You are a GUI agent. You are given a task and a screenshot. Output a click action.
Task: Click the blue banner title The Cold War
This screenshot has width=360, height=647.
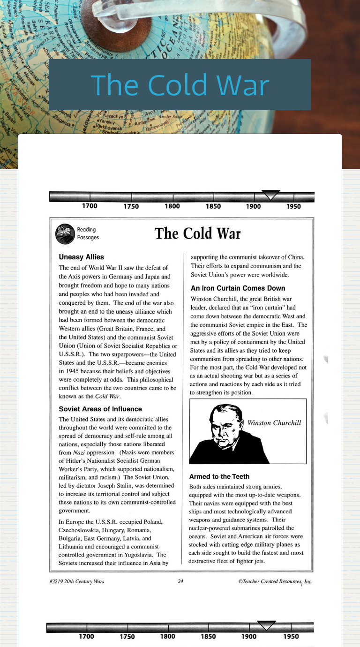[x=180, y=85]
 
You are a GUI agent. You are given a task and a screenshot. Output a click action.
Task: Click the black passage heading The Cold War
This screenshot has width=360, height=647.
[x=197, y=233]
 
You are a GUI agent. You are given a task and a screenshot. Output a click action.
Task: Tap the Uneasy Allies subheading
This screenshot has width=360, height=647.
[x=82, y=257]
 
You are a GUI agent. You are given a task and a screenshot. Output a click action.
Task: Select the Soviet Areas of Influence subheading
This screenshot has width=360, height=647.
[x=100, y=409]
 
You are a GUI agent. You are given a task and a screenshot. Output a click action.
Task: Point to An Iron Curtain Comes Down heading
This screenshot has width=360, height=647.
[x=238, y=288]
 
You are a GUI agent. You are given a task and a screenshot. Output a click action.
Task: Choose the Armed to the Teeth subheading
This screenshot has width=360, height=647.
[x=219, y=476]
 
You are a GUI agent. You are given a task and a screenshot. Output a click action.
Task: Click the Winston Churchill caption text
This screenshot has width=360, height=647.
[x=274, y=423]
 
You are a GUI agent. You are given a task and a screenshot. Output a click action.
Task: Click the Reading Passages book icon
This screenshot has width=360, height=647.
[x=65, y=234]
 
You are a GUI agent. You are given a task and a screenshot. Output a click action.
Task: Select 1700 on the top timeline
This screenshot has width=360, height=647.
[x=90, y=206]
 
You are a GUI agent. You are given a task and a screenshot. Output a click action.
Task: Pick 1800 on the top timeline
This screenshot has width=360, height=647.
[x=172, y=206]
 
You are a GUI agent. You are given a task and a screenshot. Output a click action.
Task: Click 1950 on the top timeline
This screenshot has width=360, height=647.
[x=293, y=206]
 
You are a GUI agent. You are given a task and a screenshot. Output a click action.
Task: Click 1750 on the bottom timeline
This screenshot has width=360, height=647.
[x=127, y=637]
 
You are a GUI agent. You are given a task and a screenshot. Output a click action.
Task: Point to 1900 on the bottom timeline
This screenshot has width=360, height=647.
[x=249, y=637]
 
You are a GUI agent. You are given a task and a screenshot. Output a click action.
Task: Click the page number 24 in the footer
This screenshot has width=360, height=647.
[x=180, y=582]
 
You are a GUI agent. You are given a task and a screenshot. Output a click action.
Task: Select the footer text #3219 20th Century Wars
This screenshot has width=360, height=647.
[x=77, y=582]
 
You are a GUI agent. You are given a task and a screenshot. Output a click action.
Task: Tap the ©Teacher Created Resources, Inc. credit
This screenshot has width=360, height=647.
[x=275, y=582]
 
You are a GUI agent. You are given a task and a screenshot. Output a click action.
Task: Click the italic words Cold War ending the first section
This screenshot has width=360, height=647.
[x=107, y=396]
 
